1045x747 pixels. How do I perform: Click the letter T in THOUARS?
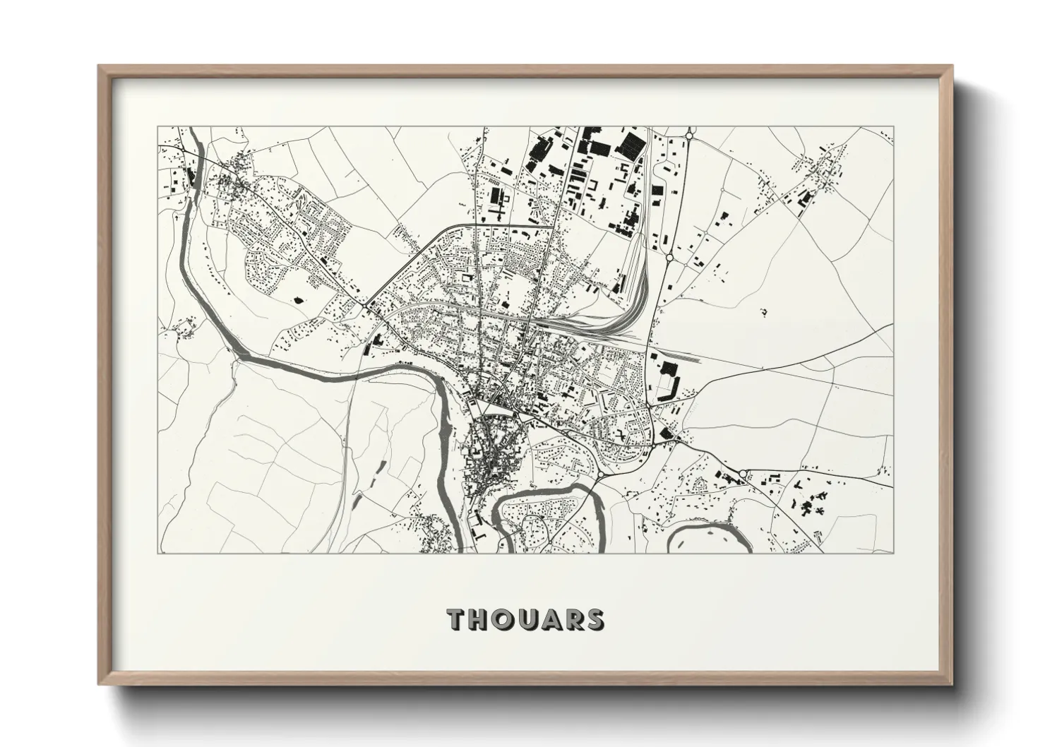coord(458,619)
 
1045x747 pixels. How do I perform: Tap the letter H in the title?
coord(480,619)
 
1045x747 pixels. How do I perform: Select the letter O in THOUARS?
coord(503,619)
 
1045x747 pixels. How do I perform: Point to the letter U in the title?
coord(527,619)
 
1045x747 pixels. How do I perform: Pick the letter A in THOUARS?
coord(549,619)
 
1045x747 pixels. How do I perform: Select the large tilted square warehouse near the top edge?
coord(629,145)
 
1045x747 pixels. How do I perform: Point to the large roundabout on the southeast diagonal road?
coord(743,473)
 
